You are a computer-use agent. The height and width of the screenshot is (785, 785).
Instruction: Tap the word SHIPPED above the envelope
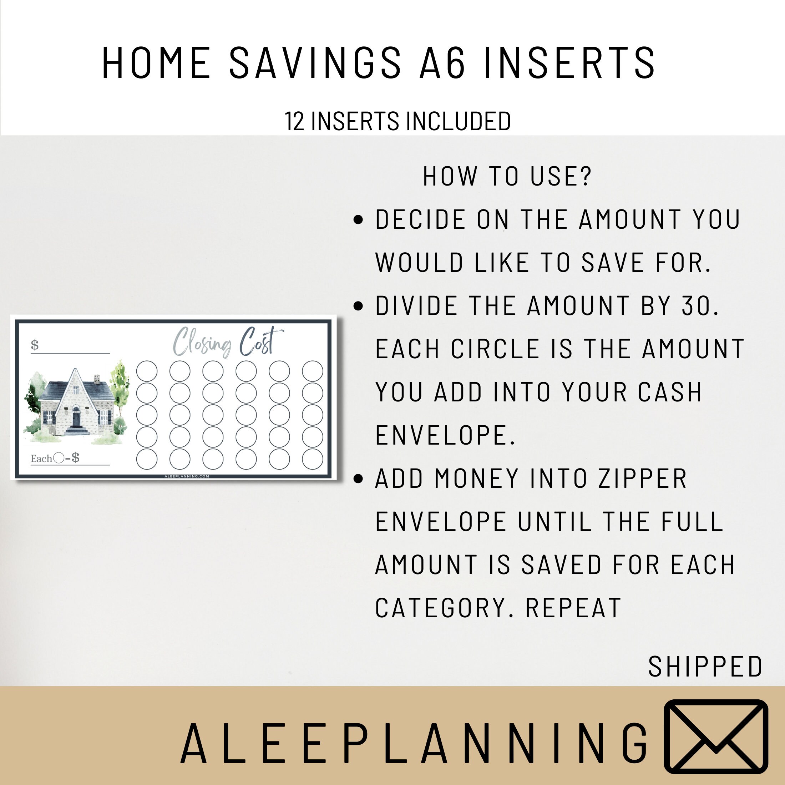[x=705, y=667]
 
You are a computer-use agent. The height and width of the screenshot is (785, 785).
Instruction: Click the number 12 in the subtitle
[x=294, y=121]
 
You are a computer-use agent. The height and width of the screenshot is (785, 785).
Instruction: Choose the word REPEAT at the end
[x=573, y=608]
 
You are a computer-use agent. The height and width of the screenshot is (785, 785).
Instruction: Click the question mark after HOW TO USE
[x=585, y=176]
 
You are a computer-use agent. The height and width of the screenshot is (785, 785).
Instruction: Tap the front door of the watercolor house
[x=76, y=417]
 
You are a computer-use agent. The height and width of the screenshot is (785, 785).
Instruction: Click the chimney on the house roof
[x=97, y=379]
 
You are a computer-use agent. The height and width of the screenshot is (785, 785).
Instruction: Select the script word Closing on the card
[x=202, y=342]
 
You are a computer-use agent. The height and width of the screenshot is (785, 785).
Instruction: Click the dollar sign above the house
[x=35, y=345]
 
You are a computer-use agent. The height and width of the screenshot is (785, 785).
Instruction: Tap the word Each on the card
[x=41, y=459]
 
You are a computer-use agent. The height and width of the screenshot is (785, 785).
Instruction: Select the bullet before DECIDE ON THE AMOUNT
[x=358, y=220]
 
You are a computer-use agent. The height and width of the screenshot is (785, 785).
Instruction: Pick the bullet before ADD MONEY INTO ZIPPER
[x=358, y=478]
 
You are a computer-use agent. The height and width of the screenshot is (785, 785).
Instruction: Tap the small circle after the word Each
[x=59, y=458]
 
